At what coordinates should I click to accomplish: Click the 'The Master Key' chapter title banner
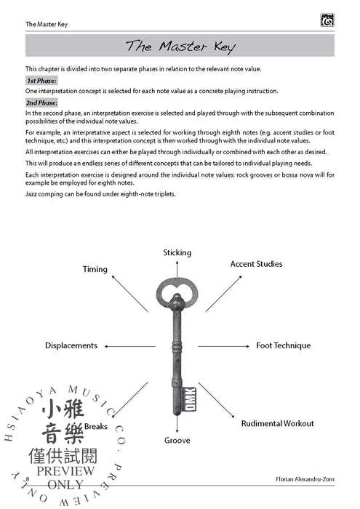180,47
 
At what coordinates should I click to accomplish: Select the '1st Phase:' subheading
41,81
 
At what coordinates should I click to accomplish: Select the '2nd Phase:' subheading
42,103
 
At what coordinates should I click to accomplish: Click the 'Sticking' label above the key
177,253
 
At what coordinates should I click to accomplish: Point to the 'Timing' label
95,269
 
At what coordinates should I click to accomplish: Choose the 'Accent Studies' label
256,264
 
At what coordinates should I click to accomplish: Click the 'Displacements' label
71,345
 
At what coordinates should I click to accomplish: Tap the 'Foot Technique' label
283,345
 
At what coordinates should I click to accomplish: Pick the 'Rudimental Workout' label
277,423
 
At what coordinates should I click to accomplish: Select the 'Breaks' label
96,426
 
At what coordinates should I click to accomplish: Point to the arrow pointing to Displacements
130,345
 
